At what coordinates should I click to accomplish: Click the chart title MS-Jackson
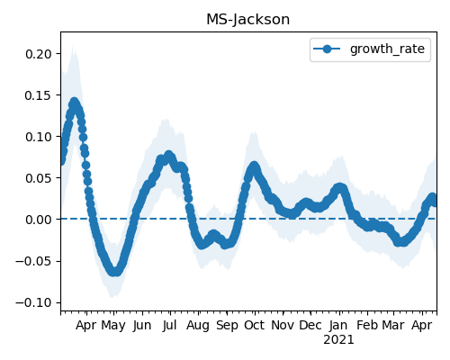(x=248, y=20)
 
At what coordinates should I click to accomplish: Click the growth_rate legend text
(x=387, y=49)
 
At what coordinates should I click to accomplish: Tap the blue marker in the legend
(x=327, y=49)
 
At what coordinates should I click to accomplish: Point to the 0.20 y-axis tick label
(x=39, y=54)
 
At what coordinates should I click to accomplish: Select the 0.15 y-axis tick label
(x=39, y=95)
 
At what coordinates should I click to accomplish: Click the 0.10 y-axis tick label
(x=39, y=137)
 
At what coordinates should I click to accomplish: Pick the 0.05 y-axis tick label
(x=39, y=178)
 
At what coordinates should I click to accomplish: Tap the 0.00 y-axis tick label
(x=39, y=220)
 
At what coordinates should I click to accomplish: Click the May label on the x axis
(x=113, y=326)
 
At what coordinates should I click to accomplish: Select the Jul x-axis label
(x=170, y=325)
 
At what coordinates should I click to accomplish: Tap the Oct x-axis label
(x=255, y=325)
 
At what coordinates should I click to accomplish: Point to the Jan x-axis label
(x=338, y=325)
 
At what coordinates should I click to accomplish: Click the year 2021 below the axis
(x=338, y=340)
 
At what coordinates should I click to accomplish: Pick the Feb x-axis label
(x=367, y=325)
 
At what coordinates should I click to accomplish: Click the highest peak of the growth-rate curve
(x=74, y=103)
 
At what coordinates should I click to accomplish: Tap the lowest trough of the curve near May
(x=115, y=272)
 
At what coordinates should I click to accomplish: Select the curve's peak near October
(x=255, y=166)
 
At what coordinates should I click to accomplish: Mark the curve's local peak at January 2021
(x=339, y=188)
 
